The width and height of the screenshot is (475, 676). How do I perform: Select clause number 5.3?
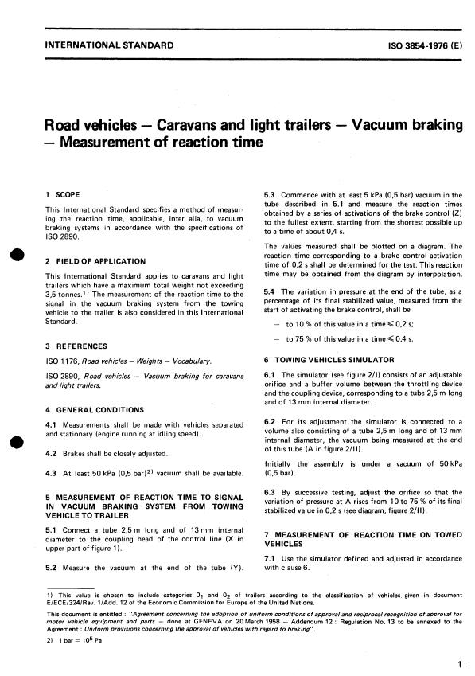[x=270, y=194]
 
